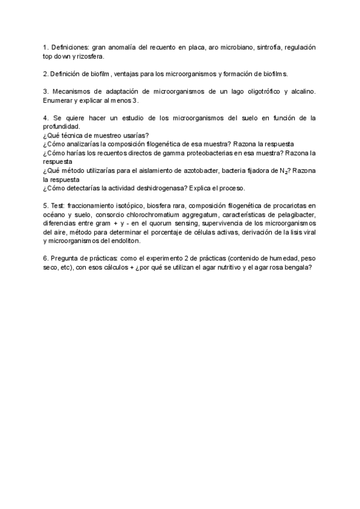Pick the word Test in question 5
coord(58,206)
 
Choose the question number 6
coord(46,259)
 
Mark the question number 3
coord(46,91)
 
